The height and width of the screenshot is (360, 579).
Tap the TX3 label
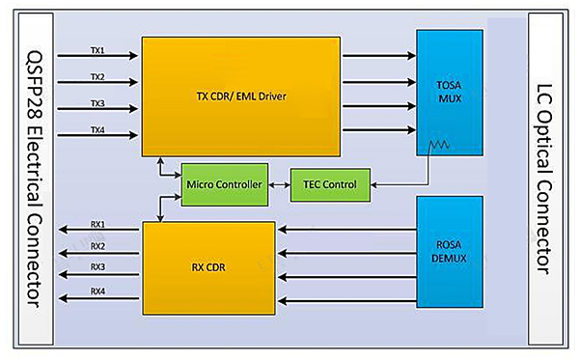coord(96,102)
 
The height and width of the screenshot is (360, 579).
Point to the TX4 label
coord(96,129)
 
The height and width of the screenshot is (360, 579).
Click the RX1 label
coord(97,225)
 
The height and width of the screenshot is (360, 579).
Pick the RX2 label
coord(97,246)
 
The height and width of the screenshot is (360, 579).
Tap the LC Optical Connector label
coord(550,180)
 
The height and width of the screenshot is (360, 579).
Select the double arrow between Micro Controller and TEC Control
coord(278,184)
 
